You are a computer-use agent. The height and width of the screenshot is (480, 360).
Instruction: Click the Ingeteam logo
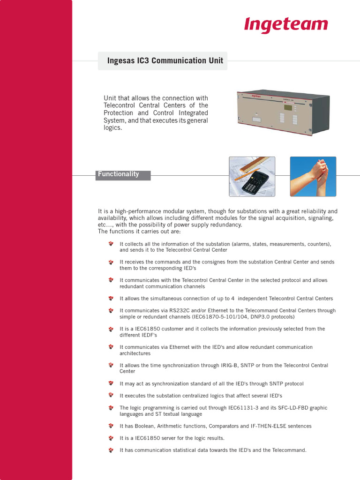(285, 25)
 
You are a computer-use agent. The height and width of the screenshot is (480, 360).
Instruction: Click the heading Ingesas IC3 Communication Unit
(163, 61)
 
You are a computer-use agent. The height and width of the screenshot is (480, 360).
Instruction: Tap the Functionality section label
(118, 174)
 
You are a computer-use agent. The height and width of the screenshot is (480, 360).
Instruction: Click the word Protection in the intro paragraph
(118, 113)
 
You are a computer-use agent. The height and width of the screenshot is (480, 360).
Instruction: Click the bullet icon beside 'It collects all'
(111, 244)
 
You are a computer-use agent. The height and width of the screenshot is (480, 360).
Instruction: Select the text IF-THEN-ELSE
(266, 426)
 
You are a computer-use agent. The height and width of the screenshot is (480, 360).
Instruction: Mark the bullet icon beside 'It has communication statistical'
(111, 450)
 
